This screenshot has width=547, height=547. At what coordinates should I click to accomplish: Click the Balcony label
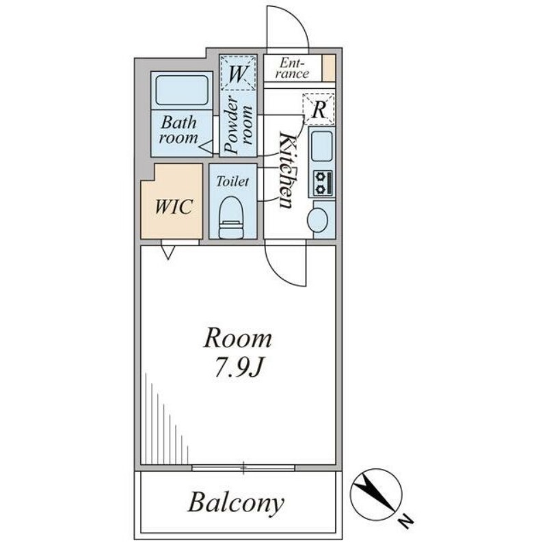[235, 504]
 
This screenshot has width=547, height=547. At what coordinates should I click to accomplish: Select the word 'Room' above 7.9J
[238, 338]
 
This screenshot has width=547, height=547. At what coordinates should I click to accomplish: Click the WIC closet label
[172, 207]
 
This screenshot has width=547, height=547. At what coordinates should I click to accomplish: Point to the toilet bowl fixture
[231, 217]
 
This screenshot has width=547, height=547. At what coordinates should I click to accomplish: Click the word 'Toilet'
[232, 182]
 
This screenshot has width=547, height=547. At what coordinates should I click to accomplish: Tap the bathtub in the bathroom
[182, 90]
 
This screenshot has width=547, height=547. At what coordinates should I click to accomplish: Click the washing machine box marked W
[238, 72]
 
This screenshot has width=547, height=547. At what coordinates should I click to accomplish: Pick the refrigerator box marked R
[319, 109]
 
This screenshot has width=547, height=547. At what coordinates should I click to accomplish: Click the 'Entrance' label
[293, 68]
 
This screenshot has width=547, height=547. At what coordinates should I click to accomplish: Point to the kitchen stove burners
[322, 183]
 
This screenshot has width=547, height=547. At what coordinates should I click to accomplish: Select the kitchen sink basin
[321, 145]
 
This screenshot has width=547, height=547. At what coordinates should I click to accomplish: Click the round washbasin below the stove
[317, 219]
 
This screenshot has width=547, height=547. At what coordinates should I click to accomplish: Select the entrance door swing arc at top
[286, 27]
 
